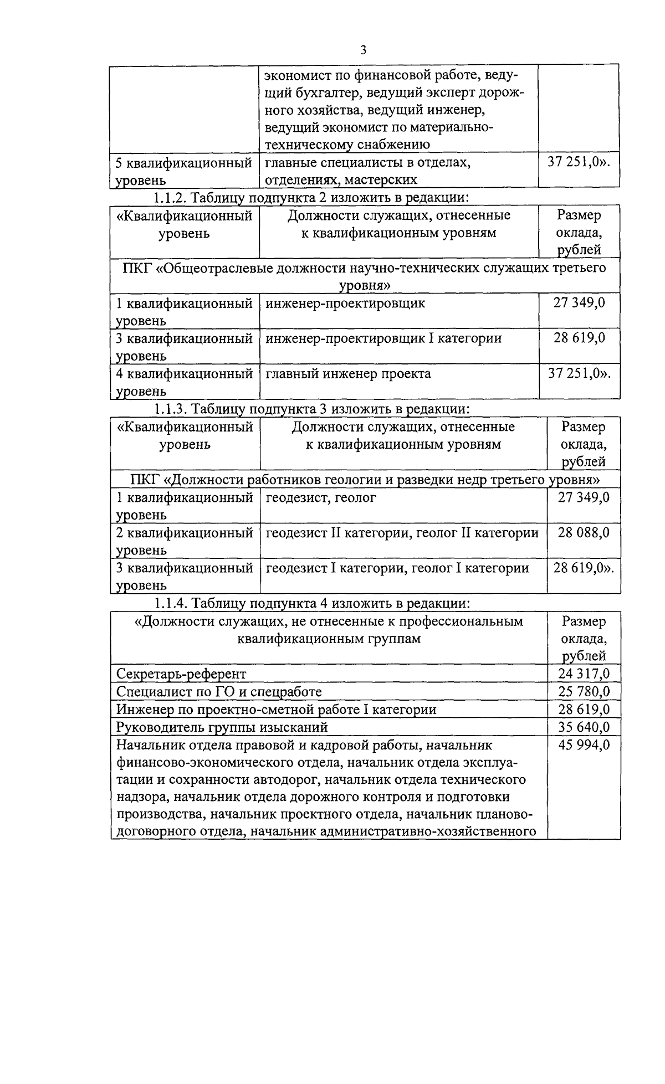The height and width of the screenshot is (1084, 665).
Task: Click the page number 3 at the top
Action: pos(364,50)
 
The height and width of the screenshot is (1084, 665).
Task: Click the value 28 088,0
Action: pos(584,532)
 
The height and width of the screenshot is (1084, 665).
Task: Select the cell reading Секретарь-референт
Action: pos(181,674)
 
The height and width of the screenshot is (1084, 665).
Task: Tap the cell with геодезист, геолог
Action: pos(321,497)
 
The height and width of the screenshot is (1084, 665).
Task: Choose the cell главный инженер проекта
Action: pos(348,373)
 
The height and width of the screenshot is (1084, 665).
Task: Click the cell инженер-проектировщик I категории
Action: pos(383,338)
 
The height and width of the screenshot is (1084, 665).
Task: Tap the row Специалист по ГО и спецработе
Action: pos(219,692)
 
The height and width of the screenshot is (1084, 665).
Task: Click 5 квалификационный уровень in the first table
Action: pos(183,171)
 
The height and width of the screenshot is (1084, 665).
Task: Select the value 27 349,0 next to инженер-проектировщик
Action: pos(579,303)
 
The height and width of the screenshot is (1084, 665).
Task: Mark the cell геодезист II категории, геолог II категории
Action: pos(402,533)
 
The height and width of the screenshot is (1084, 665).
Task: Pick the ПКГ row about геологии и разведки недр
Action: pos(366,479)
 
